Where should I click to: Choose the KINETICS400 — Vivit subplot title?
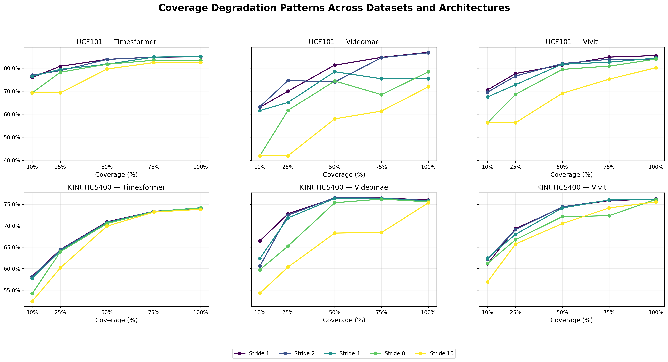point(572,187)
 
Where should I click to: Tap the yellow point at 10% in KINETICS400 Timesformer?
point(32,301)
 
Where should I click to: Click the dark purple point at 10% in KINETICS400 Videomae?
point(260,241)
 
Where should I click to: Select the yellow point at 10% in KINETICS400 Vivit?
point(488,282)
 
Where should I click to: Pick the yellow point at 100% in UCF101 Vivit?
point(656,68)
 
